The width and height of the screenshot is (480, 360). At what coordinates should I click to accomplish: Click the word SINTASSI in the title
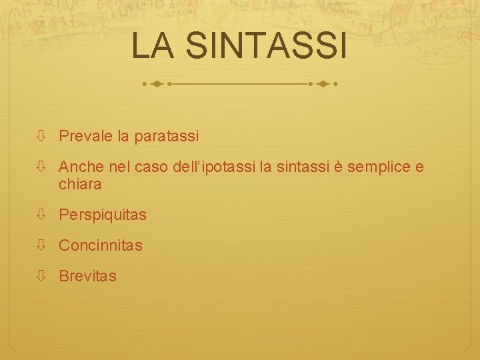click(x=267, y=45)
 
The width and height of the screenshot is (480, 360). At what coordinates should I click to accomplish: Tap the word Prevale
click(x=85, y=137)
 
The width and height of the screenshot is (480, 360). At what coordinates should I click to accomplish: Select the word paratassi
click(x=167, y=137)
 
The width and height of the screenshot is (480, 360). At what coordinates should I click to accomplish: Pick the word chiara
click(x=80, y=184)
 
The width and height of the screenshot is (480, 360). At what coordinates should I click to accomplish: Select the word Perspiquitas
click(x=103, y=215)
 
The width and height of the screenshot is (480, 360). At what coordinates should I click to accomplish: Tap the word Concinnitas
click(x=101, y=245)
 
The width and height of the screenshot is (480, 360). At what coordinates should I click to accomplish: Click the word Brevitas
click(x=87, y=276)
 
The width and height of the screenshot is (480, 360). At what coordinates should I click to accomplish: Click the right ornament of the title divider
click(x=324, y=85)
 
